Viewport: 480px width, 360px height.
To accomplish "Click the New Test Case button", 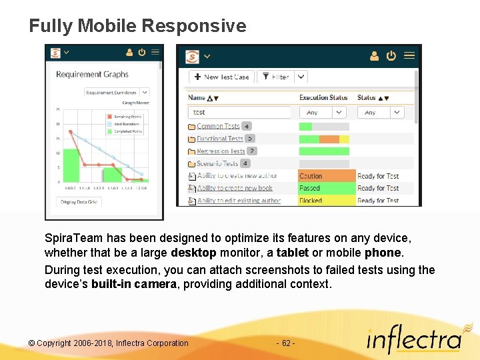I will click(221, 77).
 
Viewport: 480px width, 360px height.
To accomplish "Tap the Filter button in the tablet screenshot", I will click(275, 77).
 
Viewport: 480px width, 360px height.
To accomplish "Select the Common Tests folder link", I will click(218, 126).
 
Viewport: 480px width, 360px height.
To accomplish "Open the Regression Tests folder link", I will click(221, 151).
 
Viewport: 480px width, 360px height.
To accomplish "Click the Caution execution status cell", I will click(326, 176).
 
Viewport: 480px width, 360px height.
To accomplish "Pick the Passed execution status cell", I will click(326, 189).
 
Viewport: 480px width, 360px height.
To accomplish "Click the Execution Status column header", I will click(323, 97).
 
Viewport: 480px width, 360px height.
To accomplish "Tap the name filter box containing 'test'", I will click(240, 113).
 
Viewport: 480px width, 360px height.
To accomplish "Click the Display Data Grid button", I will click(79, 202).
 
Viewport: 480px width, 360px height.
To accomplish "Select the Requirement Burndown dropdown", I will click(117, 93).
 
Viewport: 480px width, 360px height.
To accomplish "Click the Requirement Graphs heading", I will click(92, 75).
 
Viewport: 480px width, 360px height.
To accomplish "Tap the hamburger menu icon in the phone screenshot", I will click(155, 52).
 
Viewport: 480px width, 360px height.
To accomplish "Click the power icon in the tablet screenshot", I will click(391, 56).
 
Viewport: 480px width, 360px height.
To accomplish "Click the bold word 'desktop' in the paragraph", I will click(193, 253).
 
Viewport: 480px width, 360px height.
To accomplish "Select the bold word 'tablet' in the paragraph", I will click(292, 253).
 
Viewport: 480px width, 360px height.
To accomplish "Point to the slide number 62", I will click(285, 343).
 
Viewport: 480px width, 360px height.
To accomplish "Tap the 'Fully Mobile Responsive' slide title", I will click(137, 26).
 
